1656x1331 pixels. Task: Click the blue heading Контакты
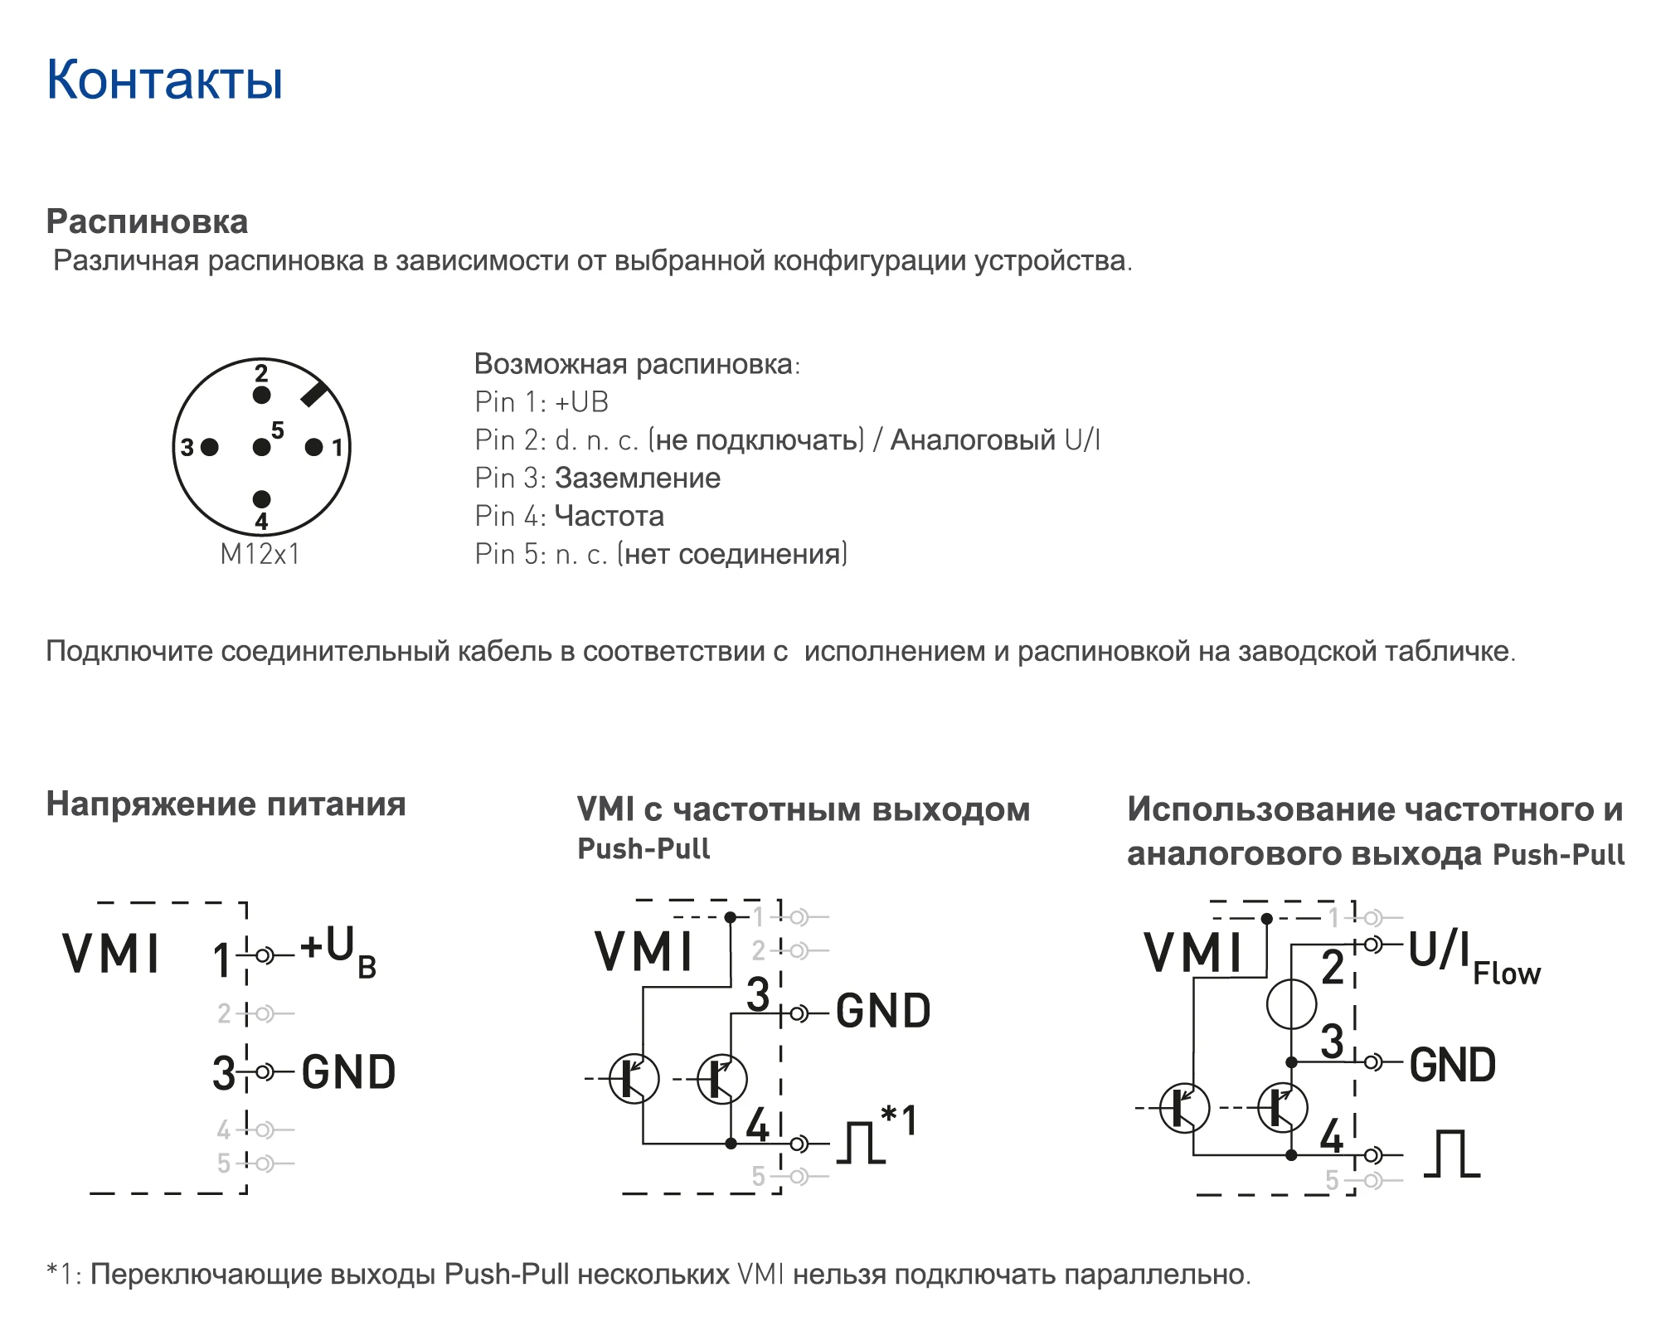[x=164, y=80]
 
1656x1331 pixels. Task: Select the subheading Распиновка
[x=147, y=222]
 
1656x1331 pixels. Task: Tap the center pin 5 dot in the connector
[x=261, y=448]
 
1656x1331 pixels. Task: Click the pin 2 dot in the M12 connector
[x=261, y=396]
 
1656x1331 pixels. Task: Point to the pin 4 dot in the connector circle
[x=261, y=499]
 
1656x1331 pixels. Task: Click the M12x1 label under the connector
[x=260, y=554]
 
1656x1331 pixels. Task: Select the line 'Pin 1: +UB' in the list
[x=541, y=402]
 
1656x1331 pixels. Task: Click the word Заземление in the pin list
[x=638, y=478]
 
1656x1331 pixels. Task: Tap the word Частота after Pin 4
[x=609, y=517]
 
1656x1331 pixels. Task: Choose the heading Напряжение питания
[x=226, y=804]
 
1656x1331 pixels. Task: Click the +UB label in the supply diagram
[x=338, y=952]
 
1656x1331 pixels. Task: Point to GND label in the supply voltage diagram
[x=348, y=1072]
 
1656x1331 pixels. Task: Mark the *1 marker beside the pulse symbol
[x=899, y=1120]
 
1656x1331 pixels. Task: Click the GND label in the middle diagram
[x=883, y=1011]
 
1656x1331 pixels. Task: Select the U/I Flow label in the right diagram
[x=1474, y=957]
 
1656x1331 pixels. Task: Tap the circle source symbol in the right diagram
[x=1291, y=1003]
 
